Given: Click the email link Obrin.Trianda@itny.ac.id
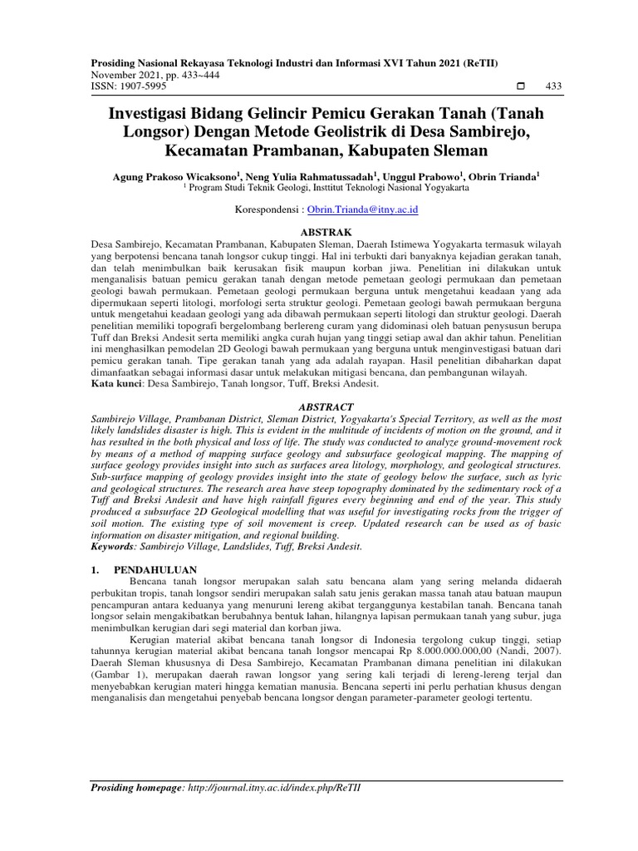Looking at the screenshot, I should (362, 211).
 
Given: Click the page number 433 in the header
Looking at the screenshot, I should (553, 86).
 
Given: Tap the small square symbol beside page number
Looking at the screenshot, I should (521, 86).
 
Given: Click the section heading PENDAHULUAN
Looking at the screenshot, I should (155, 569).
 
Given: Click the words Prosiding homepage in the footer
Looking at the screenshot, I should (136, 788).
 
